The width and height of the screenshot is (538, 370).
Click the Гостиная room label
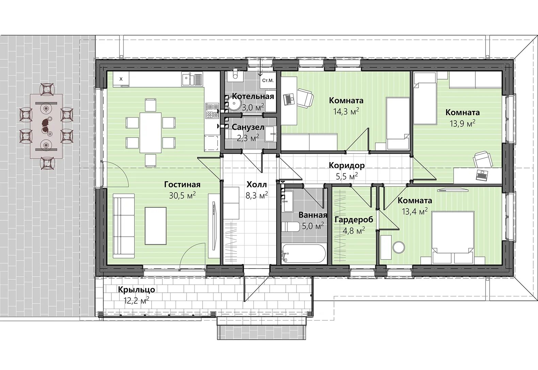[x=182, y=185]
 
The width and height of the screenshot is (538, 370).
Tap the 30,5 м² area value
[x=182, y=195]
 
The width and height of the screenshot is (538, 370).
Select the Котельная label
[x=253, y=96]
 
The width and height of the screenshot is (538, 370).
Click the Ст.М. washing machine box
[x=268, y=80]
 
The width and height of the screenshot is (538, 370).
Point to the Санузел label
[x=248, y=127]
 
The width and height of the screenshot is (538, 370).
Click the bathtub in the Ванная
[x=304, y=253]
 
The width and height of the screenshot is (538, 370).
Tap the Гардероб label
[x=354, y=219]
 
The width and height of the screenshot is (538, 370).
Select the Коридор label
[x=347, y=165]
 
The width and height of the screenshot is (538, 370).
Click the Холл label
[x=256, y=185]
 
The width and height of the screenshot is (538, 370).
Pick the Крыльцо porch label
[x=137, y=290]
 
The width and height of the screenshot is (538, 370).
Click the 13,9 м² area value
[x=463, y=123]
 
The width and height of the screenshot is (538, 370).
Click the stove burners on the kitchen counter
[x=212, y=111]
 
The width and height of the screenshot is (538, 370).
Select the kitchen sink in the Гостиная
[x=192, y=80]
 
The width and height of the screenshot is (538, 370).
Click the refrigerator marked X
[x=121, y=79]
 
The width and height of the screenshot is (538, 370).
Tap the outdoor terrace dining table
[x=46, y=126]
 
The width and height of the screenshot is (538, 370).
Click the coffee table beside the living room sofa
[x=156, y=226]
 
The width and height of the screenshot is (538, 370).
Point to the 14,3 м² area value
[x=346, y=111]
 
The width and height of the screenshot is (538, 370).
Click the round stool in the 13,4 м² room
[x=399, y=247]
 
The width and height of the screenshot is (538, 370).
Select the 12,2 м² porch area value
[x=137, y=300]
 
